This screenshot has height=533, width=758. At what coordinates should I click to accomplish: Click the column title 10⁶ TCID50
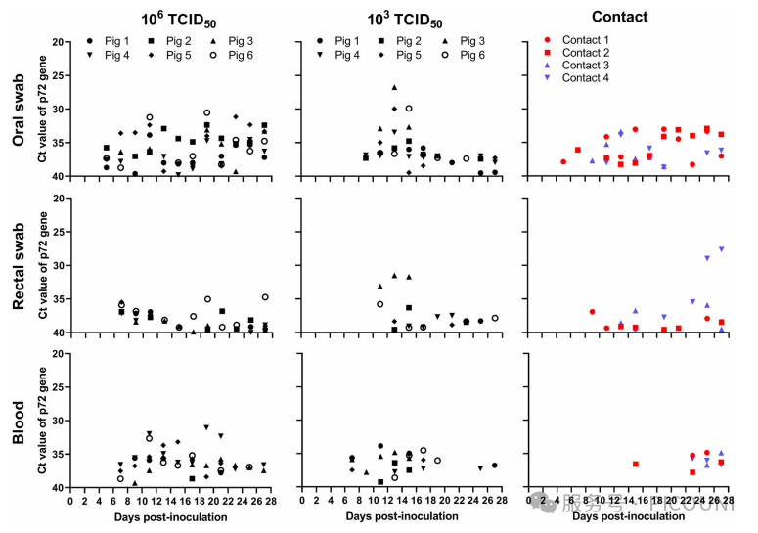(x=173, y=19)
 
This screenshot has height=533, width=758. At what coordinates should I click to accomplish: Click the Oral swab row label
(x=18, y=111)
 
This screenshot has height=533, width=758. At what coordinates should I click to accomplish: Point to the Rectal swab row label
(x=18, y=266)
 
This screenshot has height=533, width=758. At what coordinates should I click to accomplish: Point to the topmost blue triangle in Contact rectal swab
(x=722, y=249)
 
